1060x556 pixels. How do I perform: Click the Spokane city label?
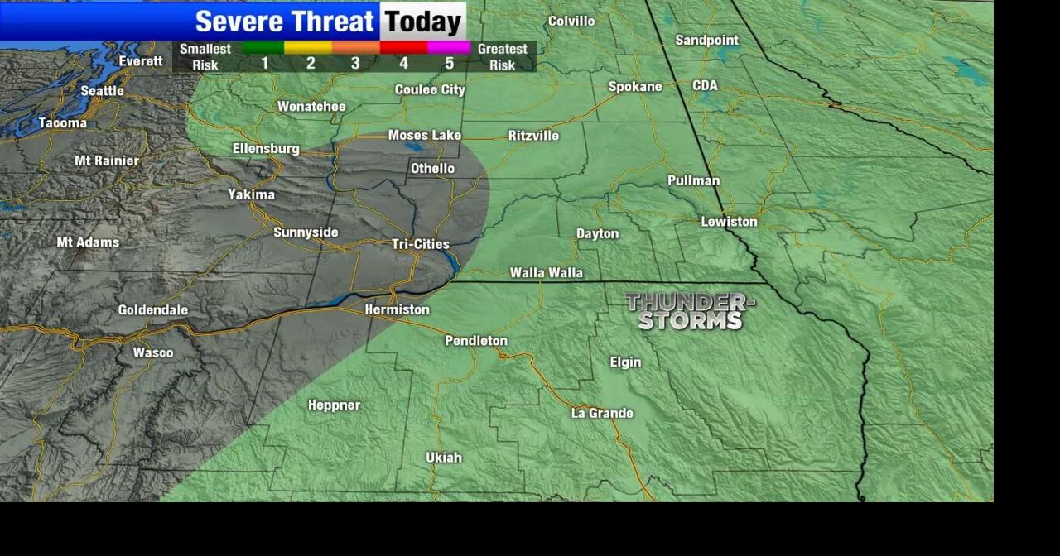[x=635, y=87]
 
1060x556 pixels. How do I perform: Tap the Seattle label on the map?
[x=103, y=91]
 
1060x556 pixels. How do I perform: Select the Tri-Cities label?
[x=421, y=244]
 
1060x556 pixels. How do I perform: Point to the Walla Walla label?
[x=546, y=272]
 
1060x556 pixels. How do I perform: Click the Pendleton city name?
[x=476, y=341]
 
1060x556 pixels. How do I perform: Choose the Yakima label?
[x=252, y=195]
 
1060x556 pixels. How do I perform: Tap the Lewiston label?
[x=729, y=222]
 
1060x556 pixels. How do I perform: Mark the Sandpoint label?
[x=706, y=40]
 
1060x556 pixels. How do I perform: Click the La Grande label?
[x=602, y=413]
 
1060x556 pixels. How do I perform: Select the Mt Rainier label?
[x=107, y=161]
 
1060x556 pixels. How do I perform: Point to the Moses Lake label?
[x=425, y=136]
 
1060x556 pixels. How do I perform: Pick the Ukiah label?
[x=444, y=458]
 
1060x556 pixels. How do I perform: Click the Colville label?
[x=571, y=21]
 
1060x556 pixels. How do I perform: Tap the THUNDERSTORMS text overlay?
[x=690, y=311]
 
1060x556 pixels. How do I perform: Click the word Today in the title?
[x=422, y=22]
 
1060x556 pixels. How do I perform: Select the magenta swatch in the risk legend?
[x=449, y=48]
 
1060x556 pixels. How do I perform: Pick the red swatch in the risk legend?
[x=403, y=48]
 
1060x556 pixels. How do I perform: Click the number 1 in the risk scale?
[x=265, y=64]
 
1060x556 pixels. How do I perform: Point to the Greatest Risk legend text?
[x=502, y=56]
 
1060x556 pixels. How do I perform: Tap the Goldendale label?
[x=153, y=310]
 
